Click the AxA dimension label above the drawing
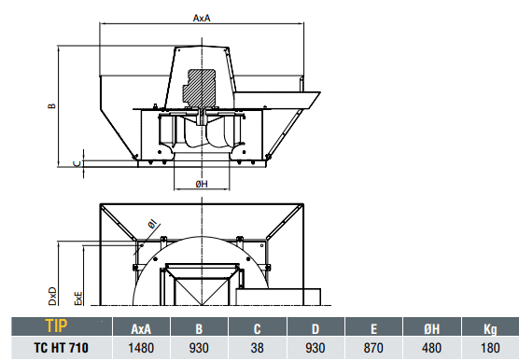(202, 18)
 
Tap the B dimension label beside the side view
(52, 106)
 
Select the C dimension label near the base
(77, 163)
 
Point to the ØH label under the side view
(202, 184)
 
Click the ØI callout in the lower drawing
(152, 225)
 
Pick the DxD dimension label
(52, 297)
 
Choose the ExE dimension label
(78, 298)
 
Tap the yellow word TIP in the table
(56, 325)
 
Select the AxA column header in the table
(141, 329)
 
